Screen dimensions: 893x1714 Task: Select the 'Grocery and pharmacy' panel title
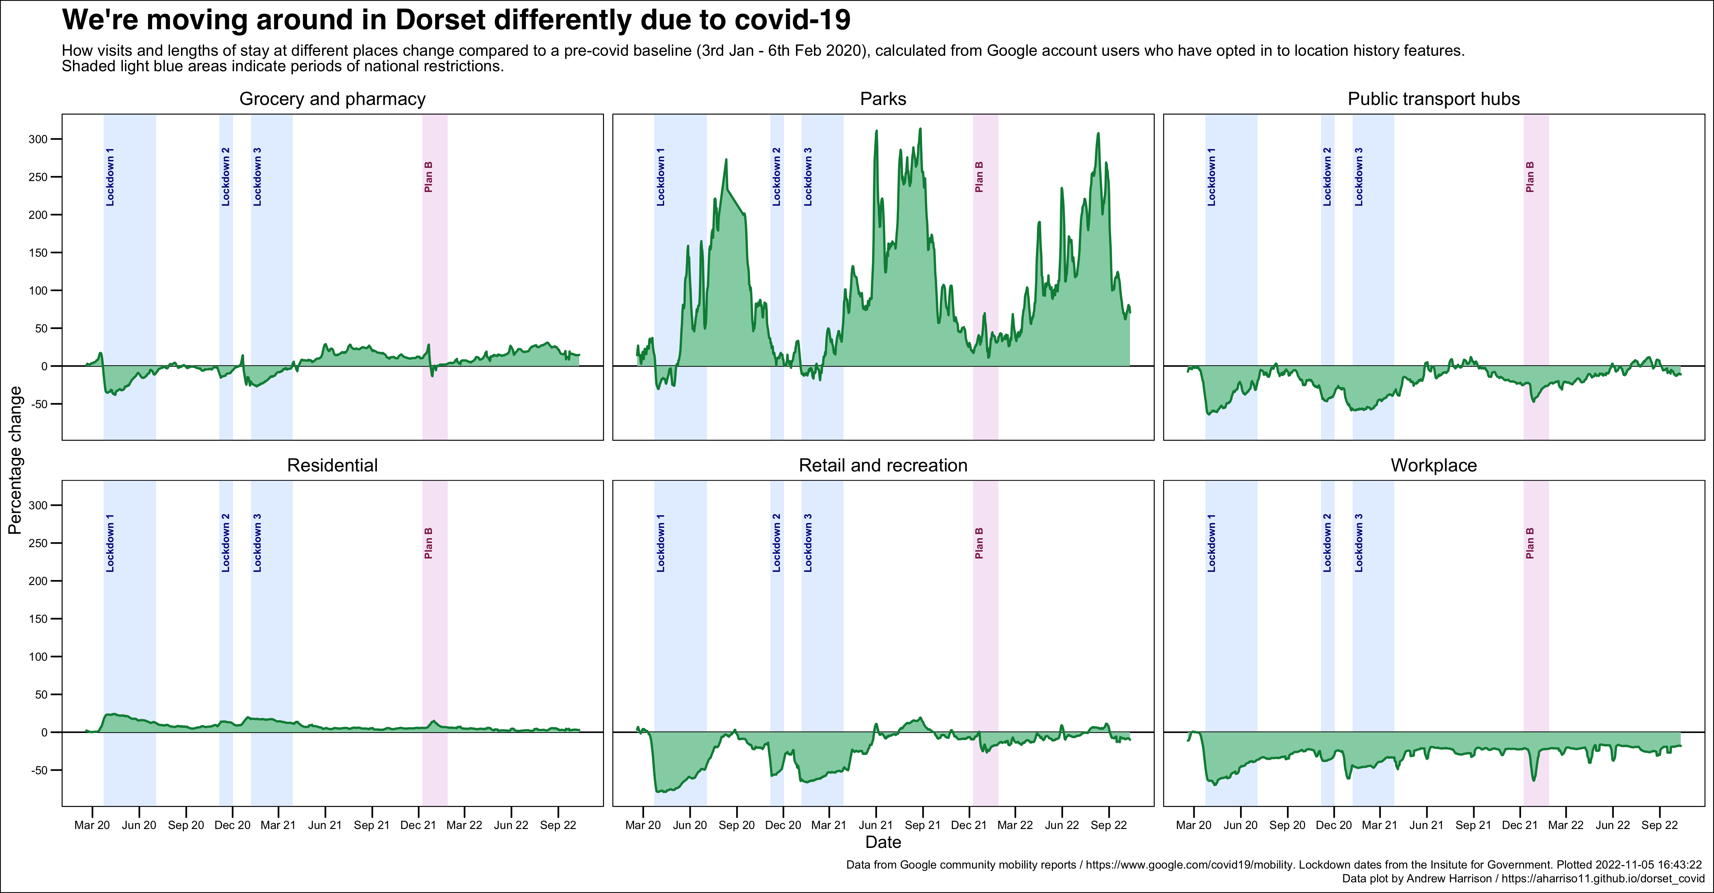pos(332,99)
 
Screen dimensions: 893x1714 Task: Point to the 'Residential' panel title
pos(332,465)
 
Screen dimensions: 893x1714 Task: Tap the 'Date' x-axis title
pos(883,842)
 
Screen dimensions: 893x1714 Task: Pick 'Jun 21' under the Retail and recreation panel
pos(876,825)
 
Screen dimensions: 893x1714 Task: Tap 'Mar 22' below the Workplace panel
pos(1566,825)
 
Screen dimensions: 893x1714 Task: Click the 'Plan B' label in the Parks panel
pos(979,177)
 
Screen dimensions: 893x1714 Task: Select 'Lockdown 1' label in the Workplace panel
pos(1211,543)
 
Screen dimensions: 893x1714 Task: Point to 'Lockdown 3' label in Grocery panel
pos(257,177)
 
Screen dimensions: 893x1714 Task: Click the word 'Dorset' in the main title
pos(440,20)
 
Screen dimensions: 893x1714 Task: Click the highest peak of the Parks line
pos(920,129)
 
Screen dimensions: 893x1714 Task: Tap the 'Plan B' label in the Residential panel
pos(428,543)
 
